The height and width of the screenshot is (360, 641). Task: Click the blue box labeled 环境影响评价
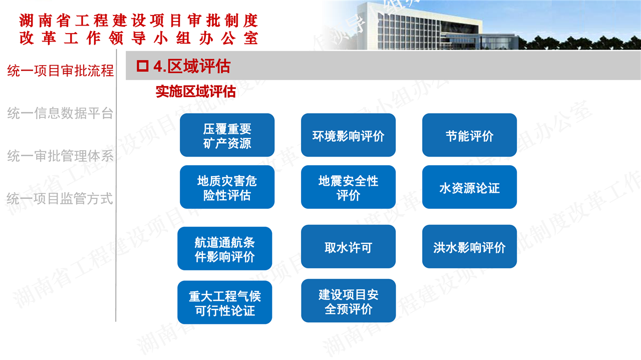click(348, 135)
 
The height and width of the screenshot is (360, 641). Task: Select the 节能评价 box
click(469, 135)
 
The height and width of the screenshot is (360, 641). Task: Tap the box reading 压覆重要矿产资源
click(227, 135)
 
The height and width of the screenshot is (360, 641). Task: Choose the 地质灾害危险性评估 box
click(227, 187)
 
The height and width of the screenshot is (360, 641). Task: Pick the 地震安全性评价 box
click(348, 187)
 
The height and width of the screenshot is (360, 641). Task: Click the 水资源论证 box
click(469, 187)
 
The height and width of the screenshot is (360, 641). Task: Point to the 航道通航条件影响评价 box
click(225, 249)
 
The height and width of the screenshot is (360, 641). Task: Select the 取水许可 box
click(348, 247)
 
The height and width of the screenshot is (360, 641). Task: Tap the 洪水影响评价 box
click(469, 247)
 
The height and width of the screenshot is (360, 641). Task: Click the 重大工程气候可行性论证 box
click(225, 302)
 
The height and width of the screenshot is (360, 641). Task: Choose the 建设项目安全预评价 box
click(348, 301)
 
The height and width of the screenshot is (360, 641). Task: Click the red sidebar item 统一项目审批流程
click(61, 71)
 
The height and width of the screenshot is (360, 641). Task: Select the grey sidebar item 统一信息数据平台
click(61, 113)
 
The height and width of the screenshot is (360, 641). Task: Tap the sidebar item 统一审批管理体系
click(61, 156)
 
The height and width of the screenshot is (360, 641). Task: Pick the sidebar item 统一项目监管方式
click(60, 199)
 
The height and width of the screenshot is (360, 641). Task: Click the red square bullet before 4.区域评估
click(143, 66)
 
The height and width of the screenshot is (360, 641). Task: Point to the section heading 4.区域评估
click(192, 67)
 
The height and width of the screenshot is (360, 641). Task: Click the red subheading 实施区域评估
click(196, 92)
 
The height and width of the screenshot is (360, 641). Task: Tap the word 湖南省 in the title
click(45, 21)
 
